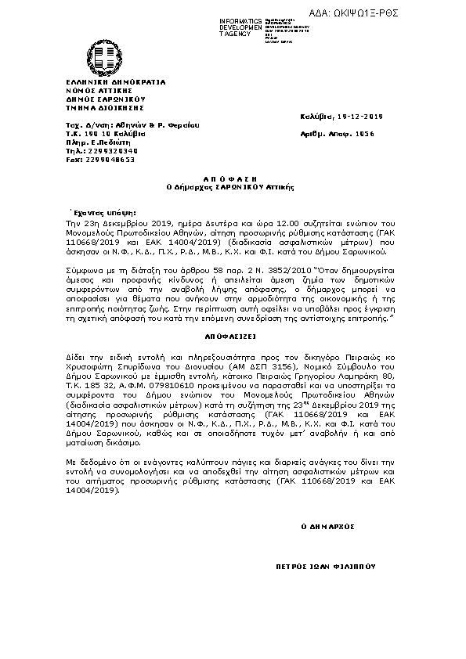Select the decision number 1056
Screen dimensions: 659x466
point(363,134)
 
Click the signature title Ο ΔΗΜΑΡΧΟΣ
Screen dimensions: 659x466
point(329,526)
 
